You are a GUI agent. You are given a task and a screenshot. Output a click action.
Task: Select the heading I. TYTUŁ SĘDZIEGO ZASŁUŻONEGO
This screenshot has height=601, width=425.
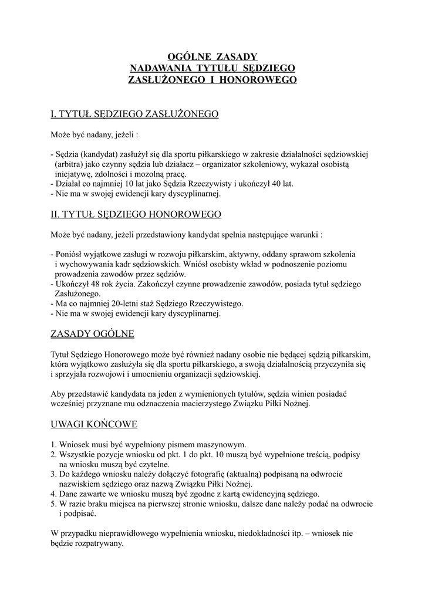[134, 114]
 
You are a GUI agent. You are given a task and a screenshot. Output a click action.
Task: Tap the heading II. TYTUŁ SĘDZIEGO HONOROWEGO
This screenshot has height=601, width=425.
[136, 214]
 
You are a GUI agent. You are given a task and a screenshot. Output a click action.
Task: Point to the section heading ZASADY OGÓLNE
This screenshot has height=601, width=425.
[93, 334]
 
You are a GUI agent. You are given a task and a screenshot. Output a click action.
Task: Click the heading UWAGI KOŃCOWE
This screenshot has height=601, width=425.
[94, 424]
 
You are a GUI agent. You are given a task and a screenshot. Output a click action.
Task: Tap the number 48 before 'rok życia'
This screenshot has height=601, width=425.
[99, 283]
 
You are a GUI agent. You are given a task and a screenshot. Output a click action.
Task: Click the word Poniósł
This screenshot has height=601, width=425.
[70, 254]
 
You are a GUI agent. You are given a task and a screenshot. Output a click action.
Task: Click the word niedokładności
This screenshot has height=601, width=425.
[262, 534]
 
